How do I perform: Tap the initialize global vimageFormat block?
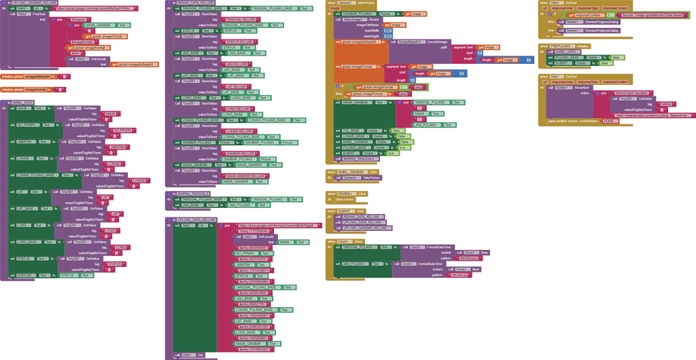(x=24, y=89)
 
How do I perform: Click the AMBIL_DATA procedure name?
(x=24, y=103)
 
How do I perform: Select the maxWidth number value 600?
(x=387, y=30)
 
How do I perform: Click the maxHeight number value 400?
(x=387, y=35)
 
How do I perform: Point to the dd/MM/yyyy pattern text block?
(x=468, y=257)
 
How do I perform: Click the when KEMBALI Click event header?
(x=347, y=194)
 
